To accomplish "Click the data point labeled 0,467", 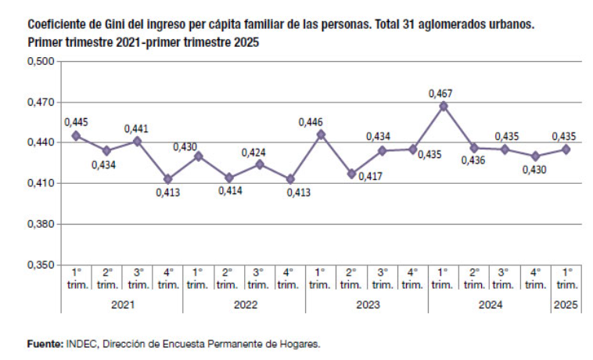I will [x=444, y=106].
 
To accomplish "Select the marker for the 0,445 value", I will [x=76, y=135].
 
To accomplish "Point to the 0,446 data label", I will [x=321, y=121].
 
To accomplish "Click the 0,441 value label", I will [x=137, y=128].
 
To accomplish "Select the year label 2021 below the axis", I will [x=122, y=304].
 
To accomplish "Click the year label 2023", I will [x=367, y=304].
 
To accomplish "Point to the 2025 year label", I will [x=566, y=304].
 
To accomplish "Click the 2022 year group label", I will [x=245, y=304].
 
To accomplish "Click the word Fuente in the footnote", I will [x=44, y=344].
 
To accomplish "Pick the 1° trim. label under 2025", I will [x=566, y=279].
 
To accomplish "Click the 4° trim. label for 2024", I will [x=535, y=279].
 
